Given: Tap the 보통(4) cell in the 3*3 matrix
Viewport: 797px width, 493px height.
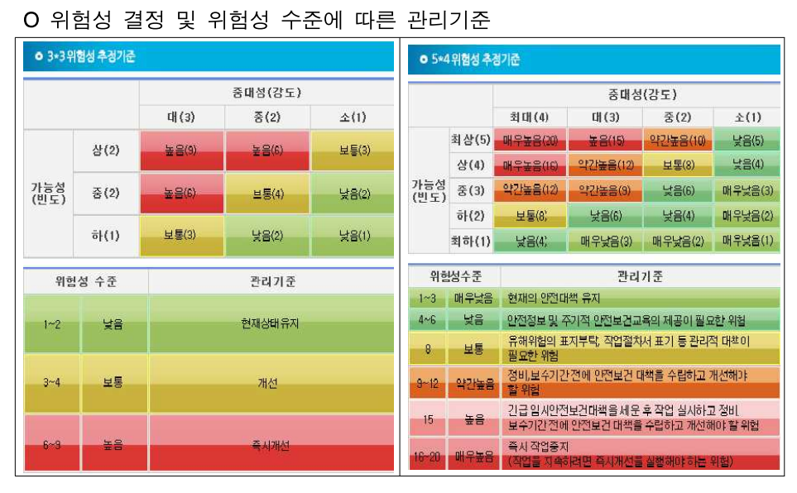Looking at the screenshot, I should coord(266,194).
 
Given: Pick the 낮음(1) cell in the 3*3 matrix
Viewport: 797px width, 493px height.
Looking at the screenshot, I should coord(353,236).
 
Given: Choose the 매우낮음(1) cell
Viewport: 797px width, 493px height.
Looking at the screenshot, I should coord(747,242).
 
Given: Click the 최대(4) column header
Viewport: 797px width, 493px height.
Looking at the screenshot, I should coord(530,117).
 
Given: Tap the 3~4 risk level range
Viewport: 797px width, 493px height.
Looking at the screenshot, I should coord(51,384).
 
